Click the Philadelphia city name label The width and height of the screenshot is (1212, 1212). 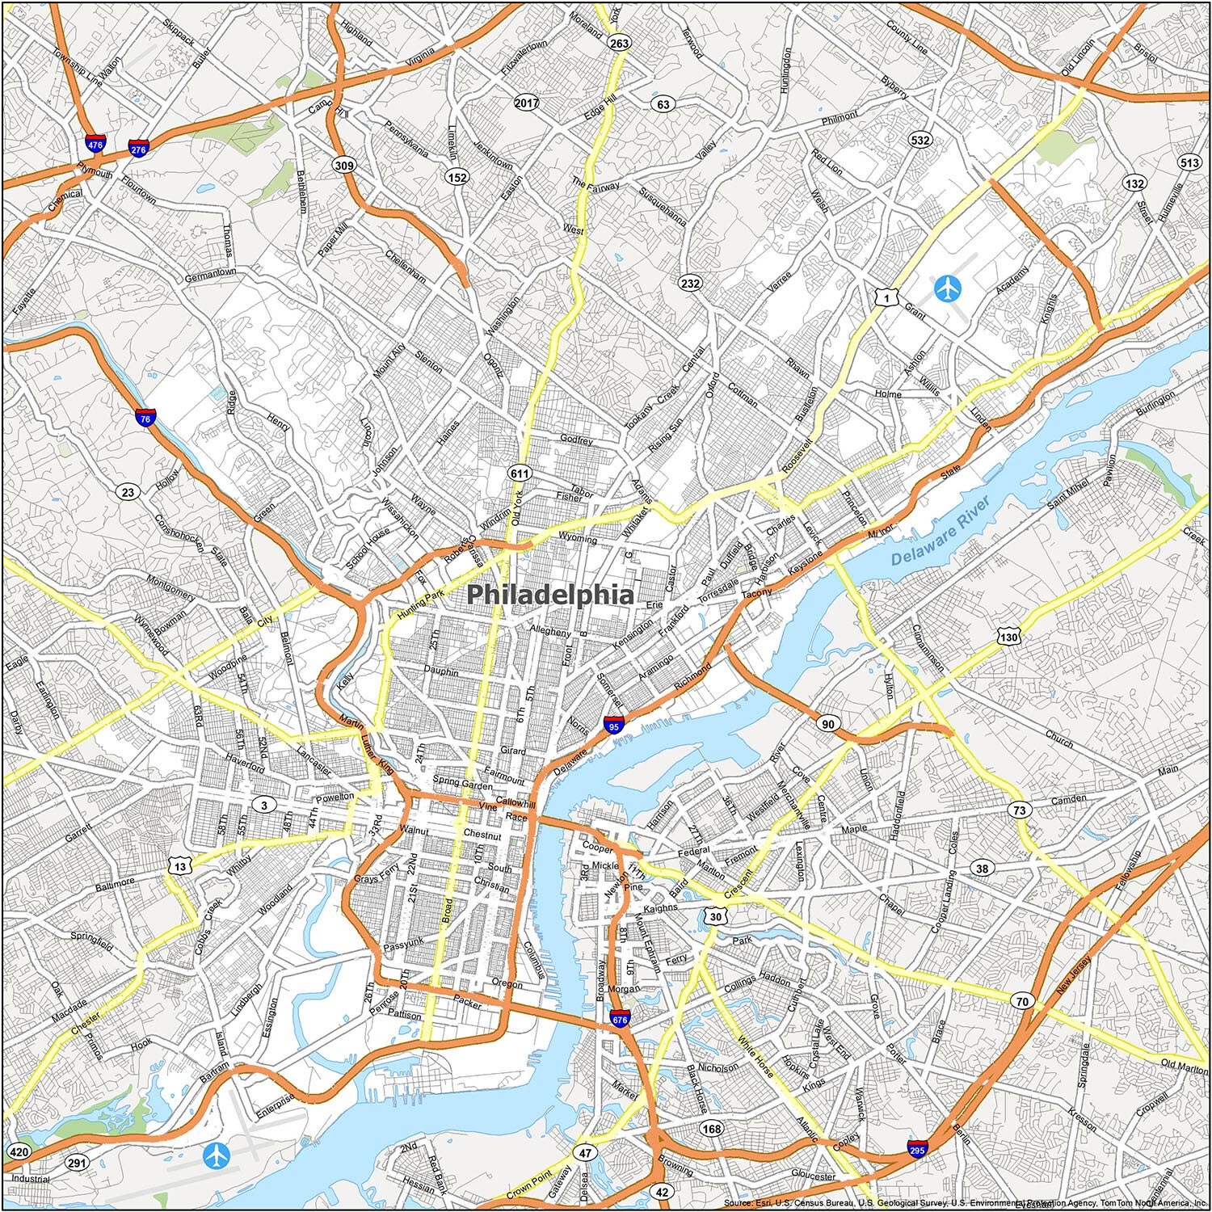[x=550, y=595]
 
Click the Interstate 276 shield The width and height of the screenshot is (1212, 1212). [x=138, y=149]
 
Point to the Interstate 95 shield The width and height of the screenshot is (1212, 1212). [x=614, y=726]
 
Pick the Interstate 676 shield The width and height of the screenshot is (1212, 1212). [x=620, y=1020]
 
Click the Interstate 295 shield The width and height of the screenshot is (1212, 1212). [x=917, y=1149]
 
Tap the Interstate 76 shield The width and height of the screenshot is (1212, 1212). [x=146, y=418]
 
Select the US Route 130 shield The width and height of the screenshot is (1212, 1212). [x=1008, y=638]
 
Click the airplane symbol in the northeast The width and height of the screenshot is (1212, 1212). [x=947, y=288]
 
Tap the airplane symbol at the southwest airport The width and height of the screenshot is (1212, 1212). [x=217, y=1155]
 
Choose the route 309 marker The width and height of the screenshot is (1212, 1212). [x=343, y=166]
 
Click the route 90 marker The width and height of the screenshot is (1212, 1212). [x=828, y=723]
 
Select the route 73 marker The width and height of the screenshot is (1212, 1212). [x=1021, y=810]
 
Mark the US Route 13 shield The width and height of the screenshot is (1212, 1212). [x=180, y=867]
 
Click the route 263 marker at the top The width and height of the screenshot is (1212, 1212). [x=619, y=44]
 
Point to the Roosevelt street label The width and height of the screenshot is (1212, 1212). [x=796, y=457]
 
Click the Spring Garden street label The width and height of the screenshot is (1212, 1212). [x=462, y=782]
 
